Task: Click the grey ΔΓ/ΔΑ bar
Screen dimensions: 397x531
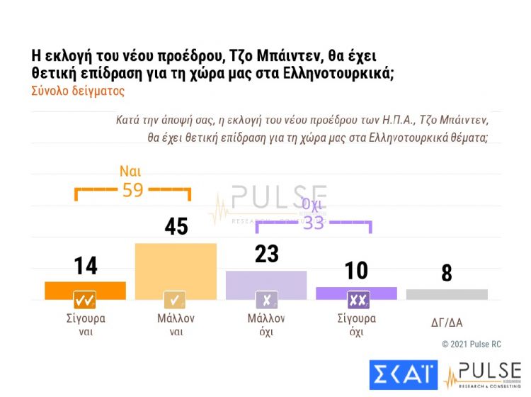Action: click(x=447, y=294)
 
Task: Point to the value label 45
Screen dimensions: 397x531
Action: click(x=176, y=226)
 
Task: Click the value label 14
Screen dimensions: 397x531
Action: click(x=86, y=266)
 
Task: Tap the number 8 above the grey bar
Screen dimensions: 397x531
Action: click(x=447, y=274)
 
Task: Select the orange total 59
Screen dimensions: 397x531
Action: click(x=132, y=190)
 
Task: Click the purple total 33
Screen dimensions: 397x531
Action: click(x=313, y=223)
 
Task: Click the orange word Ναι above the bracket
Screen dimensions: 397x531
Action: click(x=132, y=171)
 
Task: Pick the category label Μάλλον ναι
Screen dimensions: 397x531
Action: click(x=176, y=325)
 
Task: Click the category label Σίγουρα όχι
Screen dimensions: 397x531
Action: click(x=356, y=325)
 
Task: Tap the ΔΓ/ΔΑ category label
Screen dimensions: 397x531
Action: click(x=446, y=323)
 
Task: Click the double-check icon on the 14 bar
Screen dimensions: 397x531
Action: click(x=85, y=300)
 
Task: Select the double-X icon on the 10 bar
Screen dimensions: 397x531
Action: click(x=358, y=300)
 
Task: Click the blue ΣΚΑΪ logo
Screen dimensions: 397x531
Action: click(x=404, y=374)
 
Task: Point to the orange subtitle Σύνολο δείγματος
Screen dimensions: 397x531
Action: click(x=78, y=91)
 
